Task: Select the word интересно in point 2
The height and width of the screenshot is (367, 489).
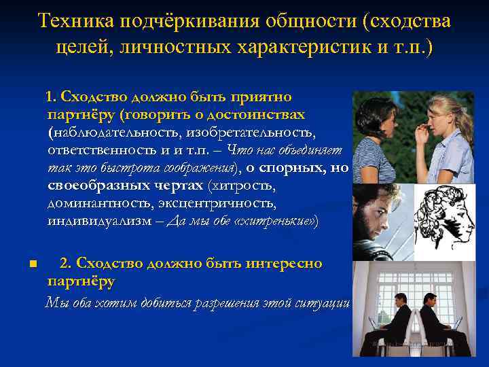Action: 285,263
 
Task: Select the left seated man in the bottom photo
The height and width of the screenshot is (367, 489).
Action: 394,319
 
